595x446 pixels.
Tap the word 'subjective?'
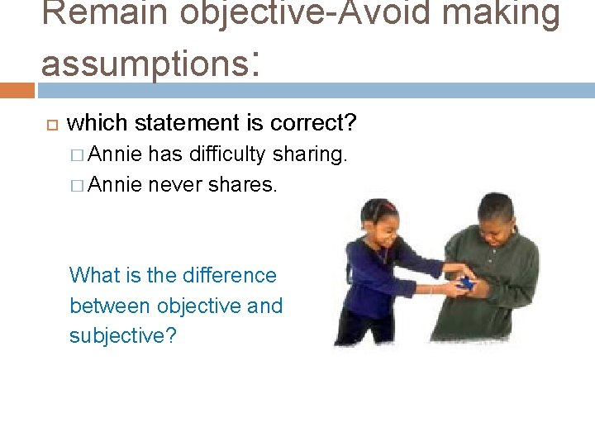(123, 336)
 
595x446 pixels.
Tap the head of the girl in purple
(381, 220)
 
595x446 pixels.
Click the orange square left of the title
(17, 89)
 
